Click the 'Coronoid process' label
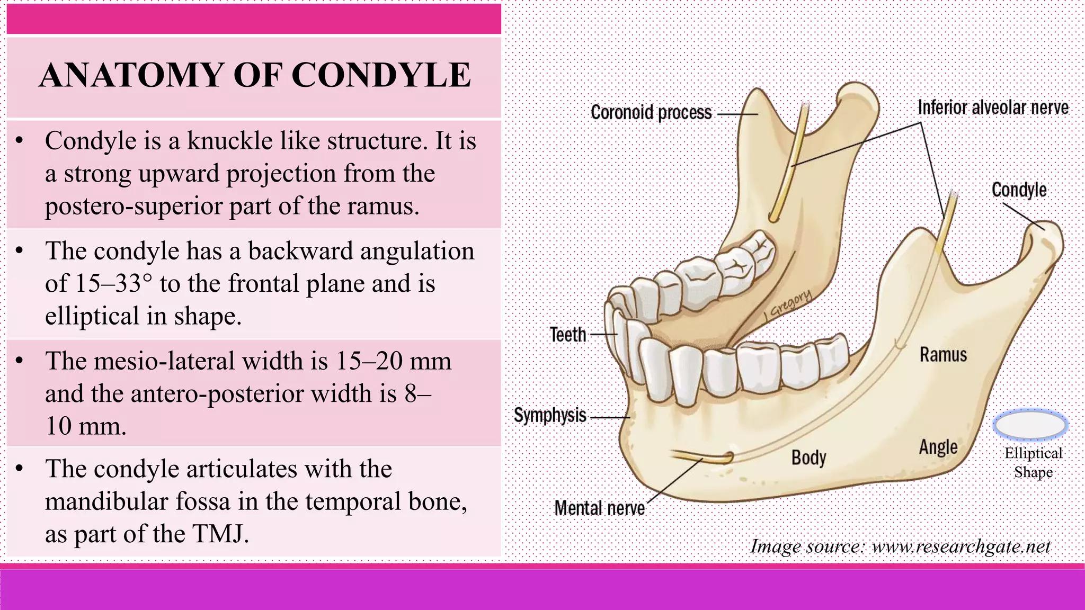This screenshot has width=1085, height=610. point(651,113)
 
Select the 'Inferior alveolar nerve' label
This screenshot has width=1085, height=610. point(993,107)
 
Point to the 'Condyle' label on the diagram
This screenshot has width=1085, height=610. point(1019,190)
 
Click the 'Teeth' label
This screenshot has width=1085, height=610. point(568,335)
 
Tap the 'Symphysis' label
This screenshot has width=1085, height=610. point(550,415)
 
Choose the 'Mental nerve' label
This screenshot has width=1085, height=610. point(599,508)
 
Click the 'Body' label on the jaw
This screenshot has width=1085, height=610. point(808,457)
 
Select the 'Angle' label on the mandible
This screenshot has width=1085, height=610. point(938,447)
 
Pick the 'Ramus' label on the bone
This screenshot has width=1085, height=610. point(943,355)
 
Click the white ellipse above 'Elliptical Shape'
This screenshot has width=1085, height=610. point(1030,425)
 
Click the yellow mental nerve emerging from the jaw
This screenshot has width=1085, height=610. point(702,456)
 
